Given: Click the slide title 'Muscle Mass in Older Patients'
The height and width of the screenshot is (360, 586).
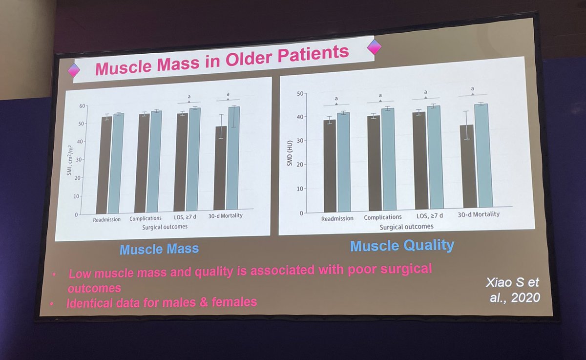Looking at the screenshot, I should pos(222,61).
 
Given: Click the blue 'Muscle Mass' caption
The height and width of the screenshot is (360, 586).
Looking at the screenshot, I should pos(159,249).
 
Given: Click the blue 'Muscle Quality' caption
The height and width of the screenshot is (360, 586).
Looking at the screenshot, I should pos(402,245).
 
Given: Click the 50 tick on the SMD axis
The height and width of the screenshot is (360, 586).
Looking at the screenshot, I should pos(300,93).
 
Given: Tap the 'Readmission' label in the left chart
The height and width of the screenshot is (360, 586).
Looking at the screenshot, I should pos(106,220).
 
